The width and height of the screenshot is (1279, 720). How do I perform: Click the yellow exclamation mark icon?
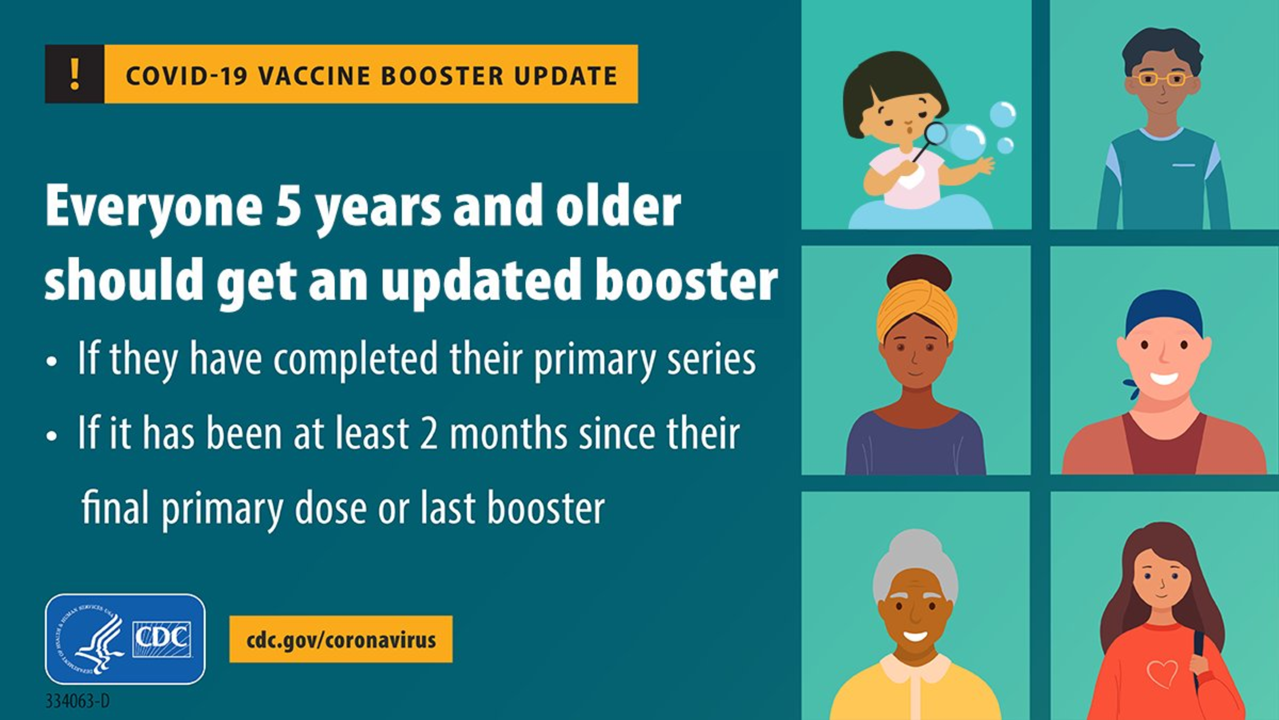75,74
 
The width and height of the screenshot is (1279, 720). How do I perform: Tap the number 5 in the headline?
289,205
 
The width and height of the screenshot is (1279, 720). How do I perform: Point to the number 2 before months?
429,433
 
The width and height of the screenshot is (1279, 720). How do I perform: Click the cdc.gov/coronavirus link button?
341,639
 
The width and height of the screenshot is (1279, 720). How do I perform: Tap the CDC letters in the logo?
162,639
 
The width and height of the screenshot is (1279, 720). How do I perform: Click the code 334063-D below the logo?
78,701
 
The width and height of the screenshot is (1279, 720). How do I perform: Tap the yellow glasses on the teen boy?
1163,79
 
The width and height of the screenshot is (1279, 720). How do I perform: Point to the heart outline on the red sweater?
1162,674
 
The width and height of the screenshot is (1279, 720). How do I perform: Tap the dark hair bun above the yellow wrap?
918,272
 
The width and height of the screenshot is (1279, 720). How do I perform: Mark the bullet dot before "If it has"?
52,436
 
